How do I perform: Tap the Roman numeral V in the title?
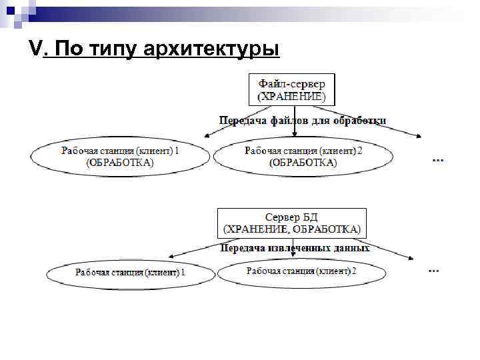(36, 48)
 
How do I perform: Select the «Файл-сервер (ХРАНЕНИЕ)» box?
(292, 90)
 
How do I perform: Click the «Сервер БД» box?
(292, 223)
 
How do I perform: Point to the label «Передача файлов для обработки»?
(303, 121)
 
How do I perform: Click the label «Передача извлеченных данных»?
(295, 247)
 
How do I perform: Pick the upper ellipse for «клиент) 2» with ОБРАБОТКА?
(303, 156)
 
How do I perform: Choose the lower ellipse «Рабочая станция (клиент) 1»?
(131, 272)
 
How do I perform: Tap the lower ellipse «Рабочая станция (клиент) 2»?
(302, 271)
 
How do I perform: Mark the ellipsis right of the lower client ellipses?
(433, 270)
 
